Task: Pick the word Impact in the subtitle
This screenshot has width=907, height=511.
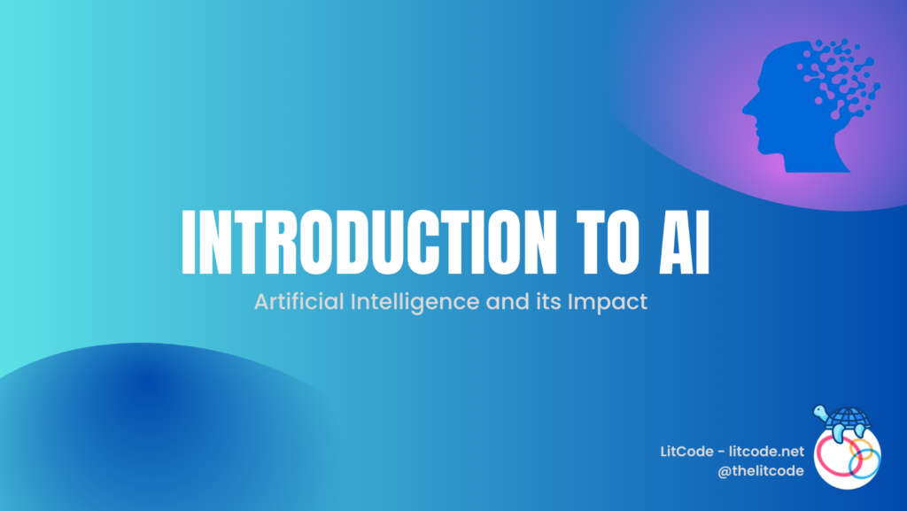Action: (615, 302)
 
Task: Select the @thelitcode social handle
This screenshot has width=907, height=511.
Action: (762, 471)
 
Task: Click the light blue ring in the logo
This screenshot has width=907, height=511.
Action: (860, 461)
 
